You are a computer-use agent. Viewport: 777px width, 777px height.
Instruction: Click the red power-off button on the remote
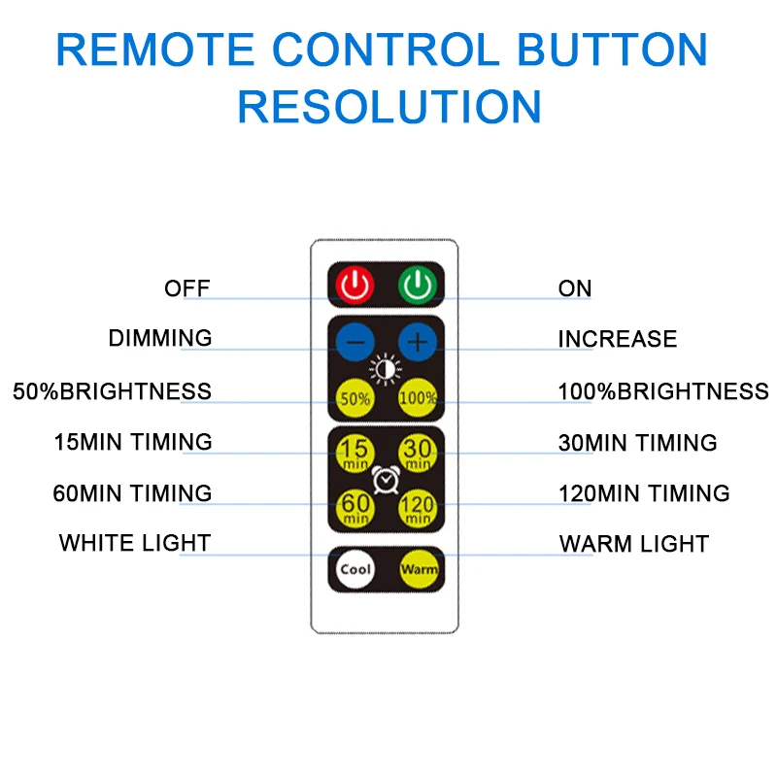(355, 285)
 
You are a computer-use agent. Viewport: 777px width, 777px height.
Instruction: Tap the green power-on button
(418, 285)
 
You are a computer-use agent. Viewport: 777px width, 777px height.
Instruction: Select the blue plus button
(418, 341)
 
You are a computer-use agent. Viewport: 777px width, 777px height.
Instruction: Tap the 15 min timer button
(355, 452)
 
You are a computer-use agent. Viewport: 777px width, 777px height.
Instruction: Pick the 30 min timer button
(418, 452)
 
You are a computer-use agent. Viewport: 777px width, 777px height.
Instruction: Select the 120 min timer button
(418, 506)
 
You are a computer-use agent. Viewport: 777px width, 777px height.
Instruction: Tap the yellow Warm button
(419, 570)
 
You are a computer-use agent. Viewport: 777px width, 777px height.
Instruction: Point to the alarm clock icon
(387, 478)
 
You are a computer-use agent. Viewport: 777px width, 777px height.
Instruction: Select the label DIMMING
(160, 338)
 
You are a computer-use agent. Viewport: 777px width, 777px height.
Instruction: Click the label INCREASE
(617, 339)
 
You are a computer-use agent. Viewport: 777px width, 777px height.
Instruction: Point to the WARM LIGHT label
(633, 544)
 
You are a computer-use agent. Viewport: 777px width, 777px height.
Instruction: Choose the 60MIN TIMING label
(132, 492)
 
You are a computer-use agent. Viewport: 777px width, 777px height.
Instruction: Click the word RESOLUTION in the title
(388, 106)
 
